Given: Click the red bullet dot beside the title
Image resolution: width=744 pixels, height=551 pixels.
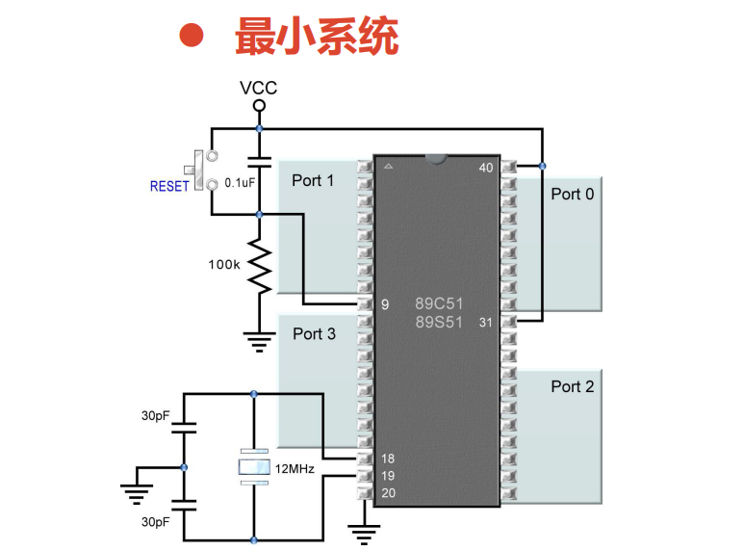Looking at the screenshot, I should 192,36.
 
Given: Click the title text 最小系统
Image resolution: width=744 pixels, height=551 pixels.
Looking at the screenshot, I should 317,37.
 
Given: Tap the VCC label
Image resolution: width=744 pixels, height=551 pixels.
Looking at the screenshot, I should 258,88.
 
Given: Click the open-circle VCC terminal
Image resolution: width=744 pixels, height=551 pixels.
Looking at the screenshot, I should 258,105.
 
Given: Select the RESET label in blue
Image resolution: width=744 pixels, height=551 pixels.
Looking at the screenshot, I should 169,186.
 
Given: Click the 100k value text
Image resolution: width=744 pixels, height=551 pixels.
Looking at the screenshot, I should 224,263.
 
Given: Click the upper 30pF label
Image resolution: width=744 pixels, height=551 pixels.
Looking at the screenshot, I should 156,415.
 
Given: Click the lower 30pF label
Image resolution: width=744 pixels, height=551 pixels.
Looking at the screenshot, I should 156,521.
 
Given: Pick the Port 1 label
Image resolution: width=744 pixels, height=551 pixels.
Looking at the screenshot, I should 314,180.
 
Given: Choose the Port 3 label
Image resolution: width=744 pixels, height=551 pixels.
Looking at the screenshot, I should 314,333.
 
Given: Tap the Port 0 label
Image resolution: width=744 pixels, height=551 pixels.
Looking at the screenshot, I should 573,194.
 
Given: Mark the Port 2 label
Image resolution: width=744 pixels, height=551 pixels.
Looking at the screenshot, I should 573,386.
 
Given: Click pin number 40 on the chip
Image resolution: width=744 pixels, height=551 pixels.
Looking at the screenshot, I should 486,169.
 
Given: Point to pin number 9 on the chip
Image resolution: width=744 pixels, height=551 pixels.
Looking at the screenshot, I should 385,304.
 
